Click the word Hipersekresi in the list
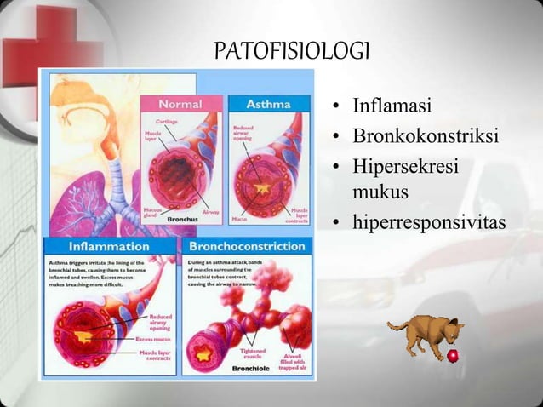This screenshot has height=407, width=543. pyautogui.click(x=405, y=165)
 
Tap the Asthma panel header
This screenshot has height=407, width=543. pyautogui.click(x=266, y=103)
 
